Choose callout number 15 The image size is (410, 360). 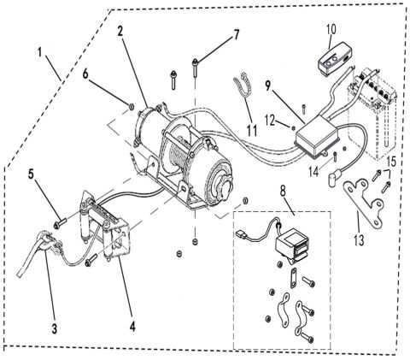click(x=390, y=162)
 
